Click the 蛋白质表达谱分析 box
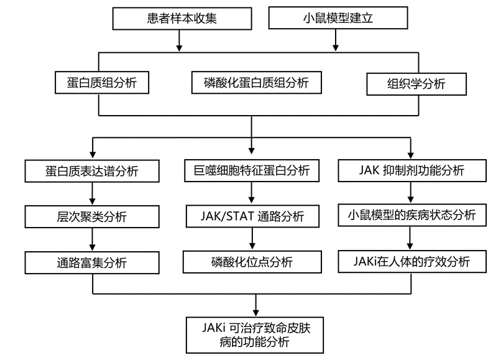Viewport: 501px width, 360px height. (91, 171)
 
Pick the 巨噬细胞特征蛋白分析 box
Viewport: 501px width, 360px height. (252, 170)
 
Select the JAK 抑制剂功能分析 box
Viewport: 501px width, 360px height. (411, 170)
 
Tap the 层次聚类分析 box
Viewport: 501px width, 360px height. (91, 216)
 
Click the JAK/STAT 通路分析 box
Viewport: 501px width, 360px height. (252, 216)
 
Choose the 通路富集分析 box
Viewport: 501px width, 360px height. (91, 262)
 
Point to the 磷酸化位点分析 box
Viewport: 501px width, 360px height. (252, 262)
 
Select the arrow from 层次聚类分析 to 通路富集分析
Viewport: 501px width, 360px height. (91, 239)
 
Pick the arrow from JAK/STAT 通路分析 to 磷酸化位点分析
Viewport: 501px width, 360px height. (252, 239)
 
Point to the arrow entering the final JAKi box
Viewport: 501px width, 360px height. (255, 305)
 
